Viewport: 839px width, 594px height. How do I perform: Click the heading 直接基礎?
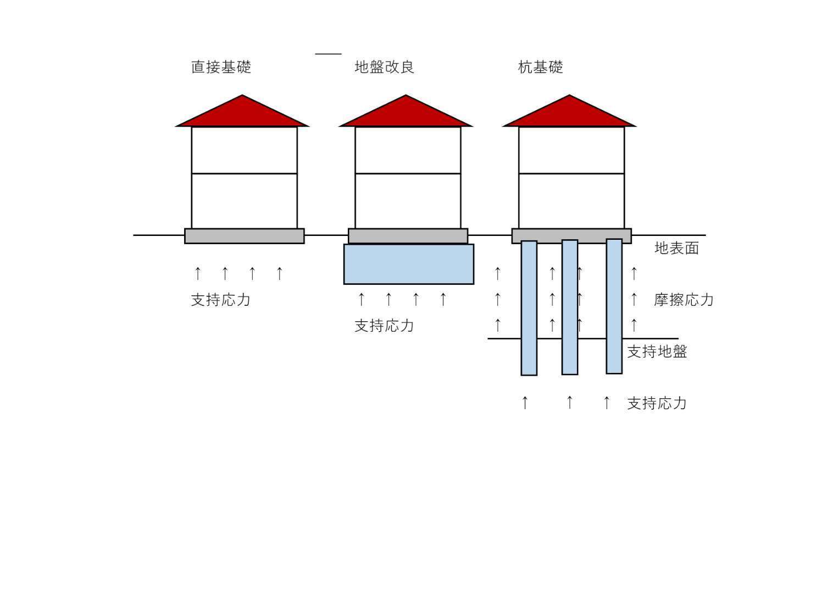tap(221, 67)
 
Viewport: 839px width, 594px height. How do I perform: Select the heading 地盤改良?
tap(384, 67)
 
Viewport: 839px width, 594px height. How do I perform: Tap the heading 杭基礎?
tap(541, 67)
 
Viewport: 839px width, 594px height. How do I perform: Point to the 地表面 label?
tap(676, 248)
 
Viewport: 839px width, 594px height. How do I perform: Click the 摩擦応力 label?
tap(684, 300)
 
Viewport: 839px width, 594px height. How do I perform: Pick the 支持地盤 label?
tap(657, 352)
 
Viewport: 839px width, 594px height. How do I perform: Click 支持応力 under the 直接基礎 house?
tap(221, 300)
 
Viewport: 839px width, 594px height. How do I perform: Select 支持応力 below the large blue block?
tap(384, 326)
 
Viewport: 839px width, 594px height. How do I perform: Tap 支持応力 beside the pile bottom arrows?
tap(657, 404)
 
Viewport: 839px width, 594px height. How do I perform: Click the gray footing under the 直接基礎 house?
tap(245, 237)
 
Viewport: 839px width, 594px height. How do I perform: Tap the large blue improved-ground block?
tap(409, 265)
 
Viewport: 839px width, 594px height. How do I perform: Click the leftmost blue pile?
tap(529, 308)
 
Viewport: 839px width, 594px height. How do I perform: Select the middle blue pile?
tap(570, 307)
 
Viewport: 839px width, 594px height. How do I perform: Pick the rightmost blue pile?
tap(614, 306)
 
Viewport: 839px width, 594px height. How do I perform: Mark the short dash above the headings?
tap(328, 54)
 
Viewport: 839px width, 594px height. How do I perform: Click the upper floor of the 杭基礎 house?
tap(571, 150)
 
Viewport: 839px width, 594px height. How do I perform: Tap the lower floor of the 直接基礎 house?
tap(245, 201)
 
